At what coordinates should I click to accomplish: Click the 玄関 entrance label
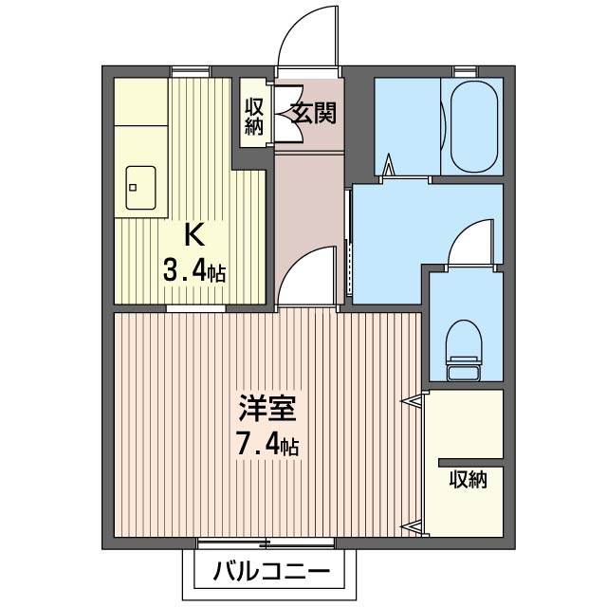314,113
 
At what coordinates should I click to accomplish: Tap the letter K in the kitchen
194,235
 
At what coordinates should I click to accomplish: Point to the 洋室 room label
267,409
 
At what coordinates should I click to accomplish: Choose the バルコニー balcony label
272,571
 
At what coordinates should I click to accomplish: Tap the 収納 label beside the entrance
254,117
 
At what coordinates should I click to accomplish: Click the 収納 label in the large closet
468,480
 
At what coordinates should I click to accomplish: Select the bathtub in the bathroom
474,126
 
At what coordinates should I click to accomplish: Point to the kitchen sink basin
141,188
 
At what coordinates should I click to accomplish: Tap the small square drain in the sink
133,188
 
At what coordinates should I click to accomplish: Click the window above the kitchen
191,72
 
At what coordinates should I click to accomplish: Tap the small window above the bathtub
466,71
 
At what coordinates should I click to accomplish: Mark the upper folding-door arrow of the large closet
411,401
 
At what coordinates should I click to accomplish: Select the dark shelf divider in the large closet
470,463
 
